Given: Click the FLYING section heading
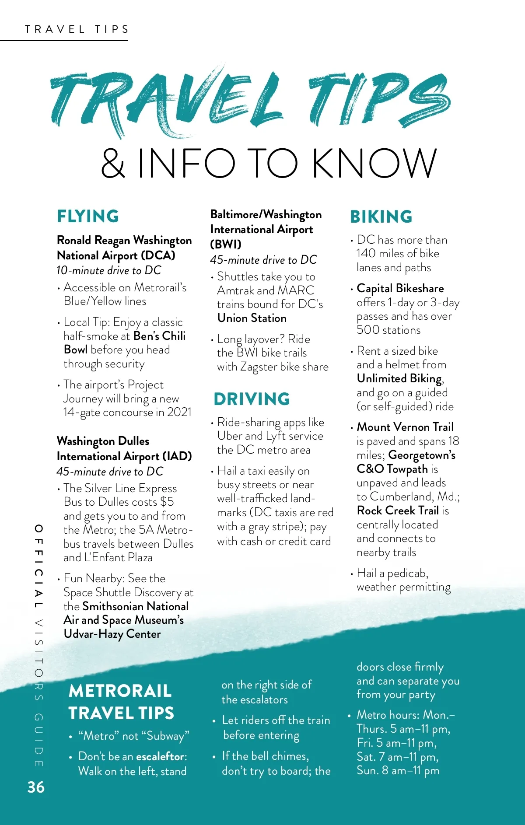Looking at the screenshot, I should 88,217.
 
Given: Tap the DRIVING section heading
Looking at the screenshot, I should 252,399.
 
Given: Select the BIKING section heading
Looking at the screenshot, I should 381,217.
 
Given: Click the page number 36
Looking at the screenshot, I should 36,787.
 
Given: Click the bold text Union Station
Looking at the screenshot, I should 252,318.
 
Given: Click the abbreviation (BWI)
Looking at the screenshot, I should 226,244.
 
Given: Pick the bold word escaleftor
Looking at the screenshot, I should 160,756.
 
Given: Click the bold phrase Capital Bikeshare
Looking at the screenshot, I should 400,288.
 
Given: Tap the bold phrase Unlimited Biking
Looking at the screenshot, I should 399,378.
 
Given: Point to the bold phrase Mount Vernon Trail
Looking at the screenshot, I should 405,427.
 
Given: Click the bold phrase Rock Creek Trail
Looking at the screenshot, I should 398,510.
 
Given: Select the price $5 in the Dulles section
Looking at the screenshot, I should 167,502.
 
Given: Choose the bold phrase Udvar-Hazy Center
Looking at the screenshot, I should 112,634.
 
